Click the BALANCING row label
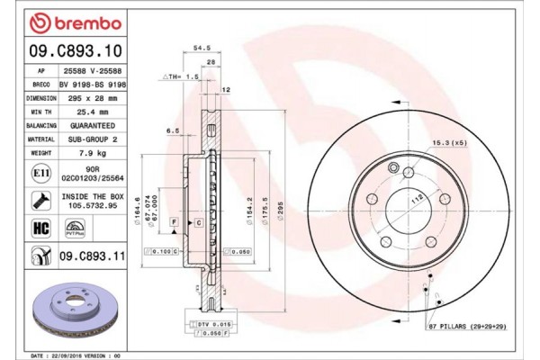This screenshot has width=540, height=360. pyautogui.click(x=36, y=127)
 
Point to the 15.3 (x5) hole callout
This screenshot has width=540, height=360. pyautogui.click(x=450, y=144)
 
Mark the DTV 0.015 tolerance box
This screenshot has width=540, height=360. pyautogui.click(x=210, y=322)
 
